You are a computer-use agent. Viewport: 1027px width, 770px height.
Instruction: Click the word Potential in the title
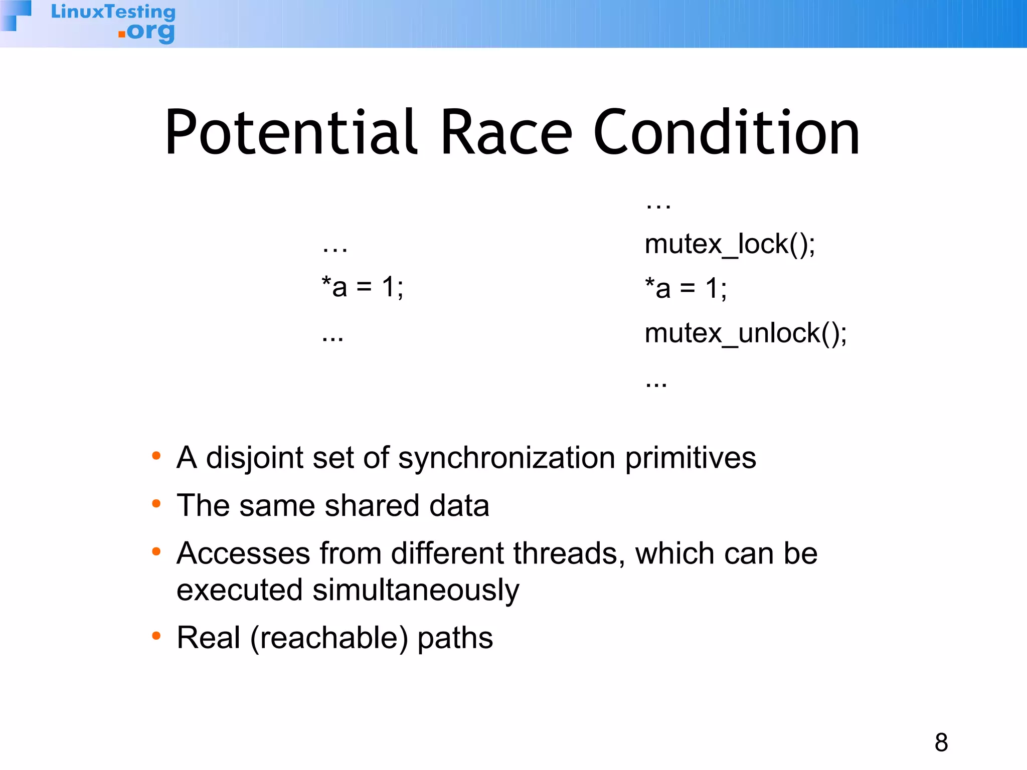[291, 133]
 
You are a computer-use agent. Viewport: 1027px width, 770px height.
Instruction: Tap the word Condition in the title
[727, 133]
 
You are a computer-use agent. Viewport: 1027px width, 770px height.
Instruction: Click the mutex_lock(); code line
[730, 245]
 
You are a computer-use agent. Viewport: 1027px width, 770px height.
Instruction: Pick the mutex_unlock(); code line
[746, 334]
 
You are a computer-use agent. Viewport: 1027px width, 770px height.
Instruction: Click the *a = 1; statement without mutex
[362, 288]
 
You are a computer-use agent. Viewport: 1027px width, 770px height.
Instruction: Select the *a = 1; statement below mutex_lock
[686, 289]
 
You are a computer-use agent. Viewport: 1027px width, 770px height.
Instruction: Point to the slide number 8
[941, 742]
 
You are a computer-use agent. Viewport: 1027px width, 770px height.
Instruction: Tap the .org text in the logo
[147, 32]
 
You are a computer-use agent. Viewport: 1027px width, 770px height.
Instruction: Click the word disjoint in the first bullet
[255, 458]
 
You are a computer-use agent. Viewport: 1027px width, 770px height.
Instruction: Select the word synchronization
[506, 458]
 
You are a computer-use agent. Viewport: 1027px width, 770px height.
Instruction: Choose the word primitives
[691, 458]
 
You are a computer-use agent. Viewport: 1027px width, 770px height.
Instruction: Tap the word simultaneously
[416, 591]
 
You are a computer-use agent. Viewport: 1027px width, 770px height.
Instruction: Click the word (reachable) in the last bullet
[329, 638]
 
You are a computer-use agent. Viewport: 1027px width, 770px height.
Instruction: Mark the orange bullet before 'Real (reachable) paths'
[156, 636]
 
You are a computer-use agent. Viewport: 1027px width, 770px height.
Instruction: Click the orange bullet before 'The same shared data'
[156, 503]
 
